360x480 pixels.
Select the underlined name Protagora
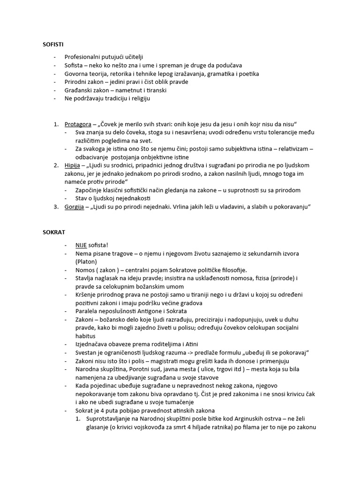[x=78, y=124]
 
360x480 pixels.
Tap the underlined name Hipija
[x=73, y=165]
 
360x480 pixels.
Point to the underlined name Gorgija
[x=75, y=207]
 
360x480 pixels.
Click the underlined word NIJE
[x=81, y=245]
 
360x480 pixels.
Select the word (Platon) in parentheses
[x=86, y=262]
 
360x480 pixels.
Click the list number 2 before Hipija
[x=55, y=165]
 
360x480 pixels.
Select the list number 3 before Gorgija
[x=55, y=207]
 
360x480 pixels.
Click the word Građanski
[x=79, y=90]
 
